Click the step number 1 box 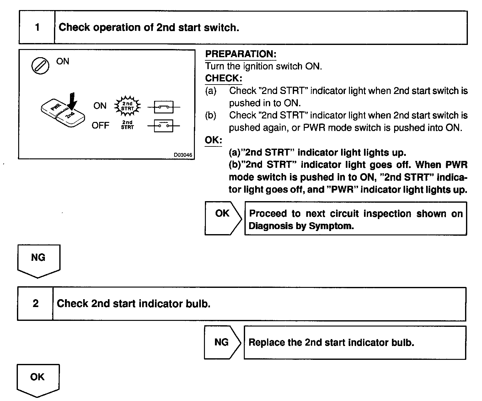click(x=37, y=28)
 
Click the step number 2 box click(x=35, y=304)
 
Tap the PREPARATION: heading click(x=240, y=54)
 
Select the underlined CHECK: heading click(x=223, y=78)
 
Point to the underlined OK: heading click(x=213, y=140)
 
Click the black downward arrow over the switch click(x=72, y=101)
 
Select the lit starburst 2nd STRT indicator click(x=127, y=106)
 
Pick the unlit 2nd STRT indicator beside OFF click(x=127, y=125)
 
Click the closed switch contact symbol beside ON click(x=164, y=107)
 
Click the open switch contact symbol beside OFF click(x=164, y=126)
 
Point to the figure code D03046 click(x=183, y=155)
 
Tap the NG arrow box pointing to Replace click(x=222, y=343)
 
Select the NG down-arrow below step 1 click(x=38, y=261)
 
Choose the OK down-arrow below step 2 click(x=37, y=380)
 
